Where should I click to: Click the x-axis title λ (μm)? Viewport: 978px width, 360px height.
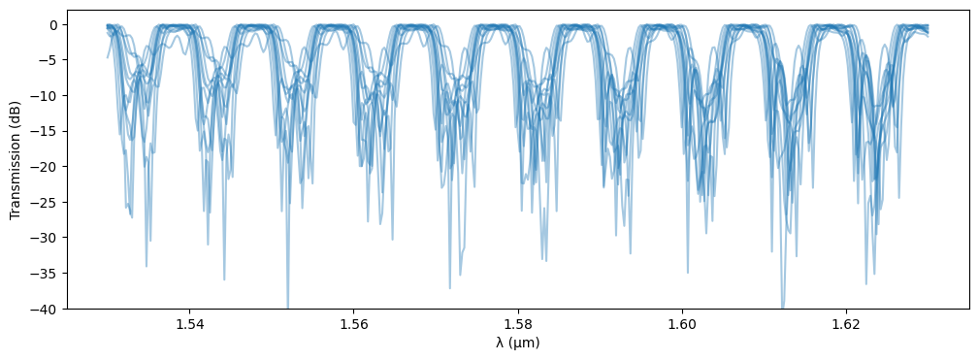[518, 343]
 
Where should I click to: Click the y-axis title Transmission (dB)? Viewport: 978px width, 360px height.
[16, 160]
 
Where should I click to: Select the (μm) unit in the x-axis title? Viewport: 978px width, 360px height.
[524, 343]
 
